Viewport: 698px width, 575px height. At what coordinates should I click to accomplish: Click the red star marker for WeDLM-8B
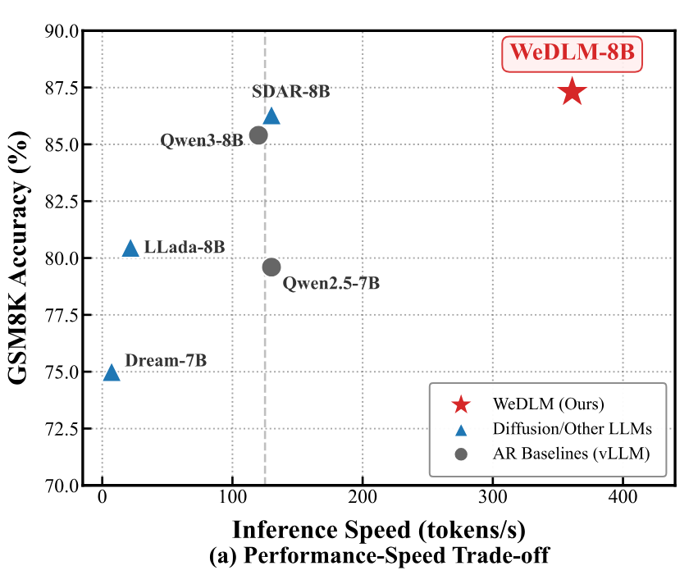click(572, 92)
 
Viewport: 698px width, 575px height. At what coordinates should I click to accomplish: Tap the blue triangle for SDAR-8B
click(271, 116)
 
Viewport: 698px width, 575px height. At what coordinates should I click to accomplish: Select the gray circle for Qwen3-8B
click(258, 135)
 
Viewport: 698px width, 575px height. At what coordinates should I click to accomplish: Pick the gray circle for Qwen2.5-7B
click(271, 267)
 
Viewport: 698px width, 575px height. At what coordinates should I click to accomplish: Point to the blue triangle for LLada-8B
click(130, 249)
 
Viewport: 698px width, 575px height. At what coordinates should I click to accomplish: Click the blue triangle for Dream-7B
click(112, 372)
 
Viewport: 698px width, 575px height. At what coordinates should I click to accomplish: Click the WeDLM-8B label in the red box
click(572, 53)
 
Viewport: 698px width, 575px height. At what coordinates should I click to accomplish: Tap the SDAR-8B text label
click(291, 91)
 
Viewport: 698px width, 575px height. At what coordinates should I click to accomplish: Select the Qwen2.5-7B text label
click(331, 284)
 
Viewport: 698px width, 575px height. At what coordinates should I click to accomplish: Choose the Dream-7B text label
click(166, 360)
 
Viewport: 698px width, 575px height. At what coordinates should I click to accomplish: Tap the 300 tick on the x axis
click(492, 497)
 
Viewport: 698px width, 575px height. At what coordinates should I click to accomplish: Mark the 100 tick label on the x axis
click(232, 497)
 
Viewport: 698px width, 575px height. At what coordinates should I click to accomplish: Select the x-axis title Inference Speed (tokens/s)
click(378, 529)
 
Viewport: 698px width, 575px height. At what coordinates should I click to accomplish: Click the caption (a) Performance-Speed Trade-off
click(379, 555)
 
